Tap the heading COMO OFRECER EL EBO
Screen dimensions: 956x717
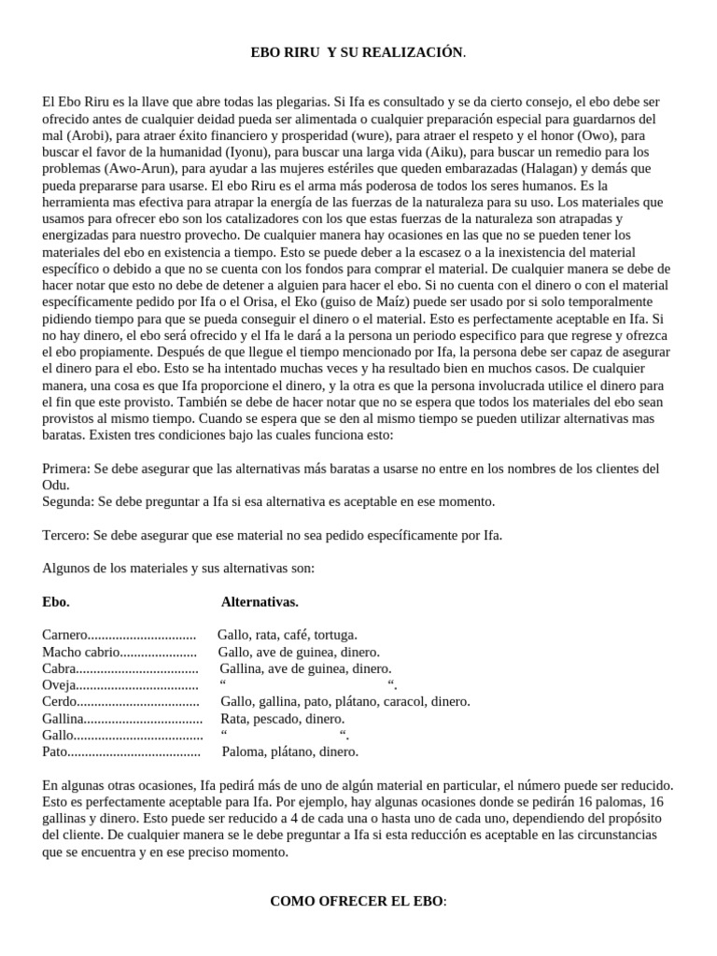[x=358, y=901]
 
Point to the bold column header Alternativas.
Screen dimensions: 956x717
[x=260, y=601]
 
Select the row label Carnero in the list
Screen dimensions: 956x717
[x=65, y=635]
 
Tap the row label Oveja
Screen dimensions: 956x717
[x=58, y=685]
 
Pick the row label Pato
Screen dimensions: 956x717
[x=55, y=752]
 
